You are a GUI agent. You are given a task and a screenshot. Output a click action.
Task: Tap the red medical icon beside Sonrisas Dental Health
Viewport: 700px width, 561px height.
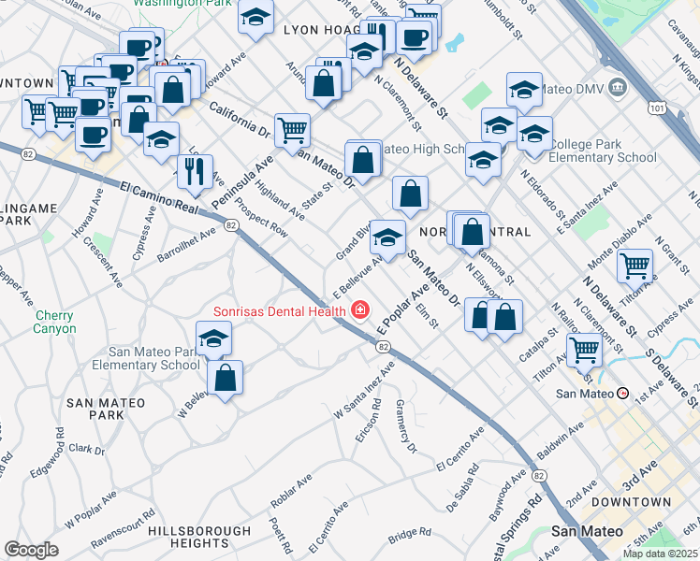coord(359,309)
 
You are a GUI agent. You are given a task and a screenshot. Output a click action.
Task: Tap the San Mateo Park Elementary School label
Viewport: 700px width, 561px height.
coord(153,358)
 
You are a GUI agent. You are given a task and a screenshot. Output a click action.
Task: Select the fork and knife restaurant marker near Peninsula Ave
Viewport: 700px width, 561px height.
coord(195,170)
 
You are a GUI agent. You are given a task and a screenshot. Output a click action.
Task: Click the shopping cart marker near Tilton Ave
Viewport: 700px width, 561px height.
coord(634,266)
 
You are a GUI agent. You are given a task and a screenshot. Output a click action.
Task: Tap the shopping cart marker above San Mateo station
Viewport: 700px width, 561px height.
coord(584,350)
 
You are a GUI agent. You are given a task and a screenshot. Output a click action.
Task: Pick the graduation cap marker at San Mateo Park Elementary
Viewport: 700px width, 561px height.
coord(214,338)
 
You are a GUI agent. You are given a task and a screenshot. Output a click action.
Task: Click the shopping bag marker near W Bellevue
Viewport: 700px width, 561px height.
coord(226,378)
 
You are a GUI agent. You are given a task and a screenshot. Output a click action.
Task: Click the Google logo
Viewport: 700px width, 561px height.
coord(31,550)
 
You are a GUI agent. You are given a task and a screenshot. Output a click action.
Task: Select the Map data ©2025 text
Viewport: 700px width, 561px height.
coord(660,554)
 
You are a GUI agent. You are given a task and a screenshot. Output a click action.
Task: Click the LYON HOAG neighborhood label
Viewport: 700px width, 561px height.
coord(314,31)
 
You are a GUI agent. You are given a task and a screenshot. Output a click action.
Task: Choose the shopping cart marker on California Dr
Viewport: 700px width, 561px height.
coord(293,131)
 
